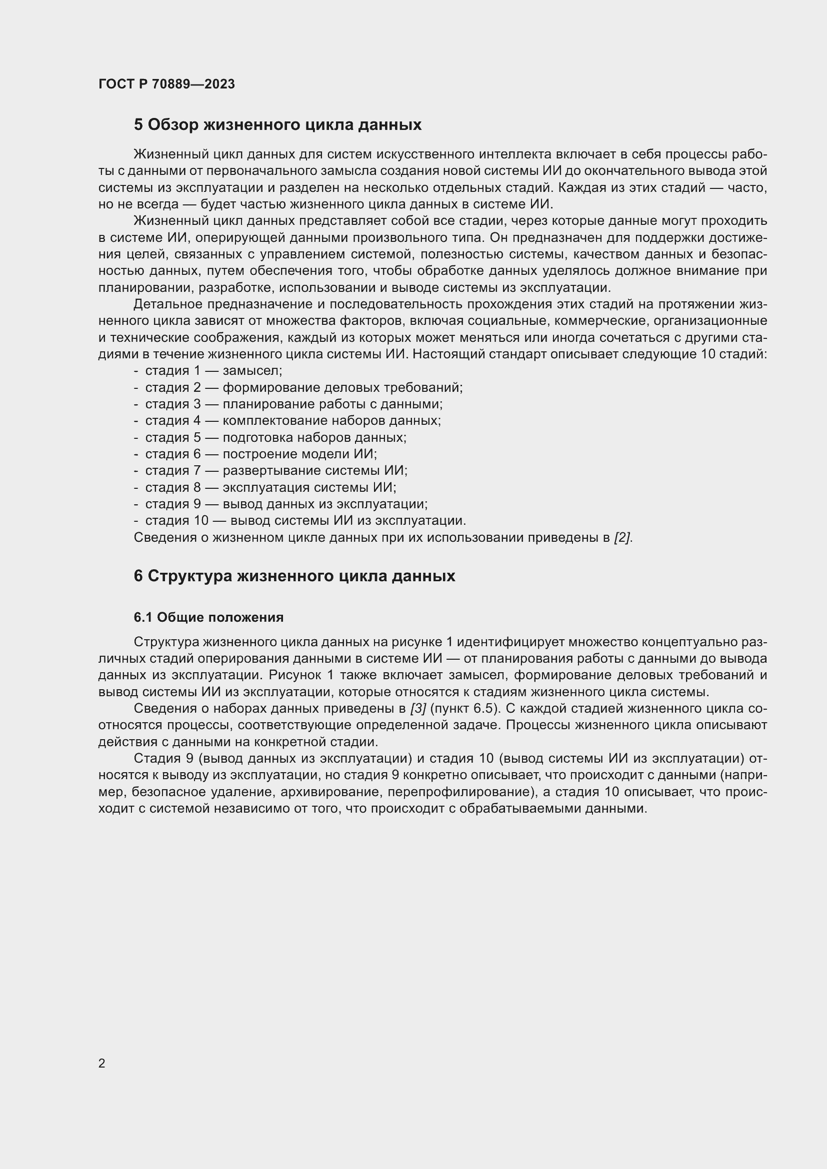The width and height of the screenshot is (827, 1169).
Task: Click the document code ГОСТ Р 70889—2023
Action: [x=166, y=84]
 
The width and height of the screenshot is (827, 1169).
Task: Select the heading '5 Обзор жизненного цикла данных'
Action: [x=277, y=125]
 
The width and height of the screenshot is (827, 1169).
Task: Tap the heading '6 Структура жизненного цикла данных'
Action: [x=294, y=576]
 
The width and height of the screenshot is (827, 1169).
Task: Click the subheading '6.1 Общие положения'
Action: [x=209, y=617]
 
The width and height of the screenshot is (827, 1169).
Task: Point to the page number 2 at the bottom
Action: [x=102, y=1063]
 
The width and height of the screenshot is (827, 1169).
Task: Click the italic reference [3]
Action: [x=418, y=708]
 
